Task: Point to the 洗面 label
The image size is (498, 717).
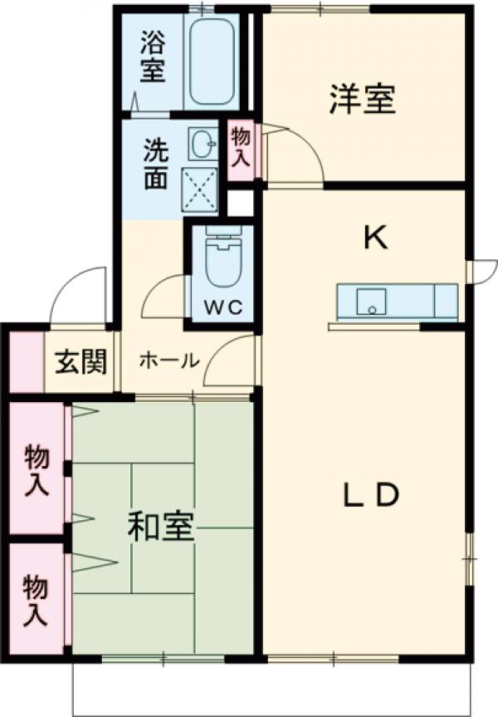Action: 156,162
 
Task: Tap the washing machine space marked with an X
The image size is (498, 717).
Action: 200,188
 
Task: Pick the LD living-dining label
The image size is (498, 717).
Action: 373,496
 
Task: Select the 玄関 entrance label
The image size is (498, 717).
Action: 81,361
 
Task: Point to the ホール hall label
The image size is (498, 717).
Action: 168,361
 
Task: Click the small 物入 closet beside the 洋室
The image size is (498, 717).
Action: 241,149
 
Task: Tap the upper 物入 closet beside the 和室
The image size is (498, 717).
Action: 36,469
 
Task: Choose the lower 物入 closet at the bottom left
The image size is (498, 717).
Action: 36,599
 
